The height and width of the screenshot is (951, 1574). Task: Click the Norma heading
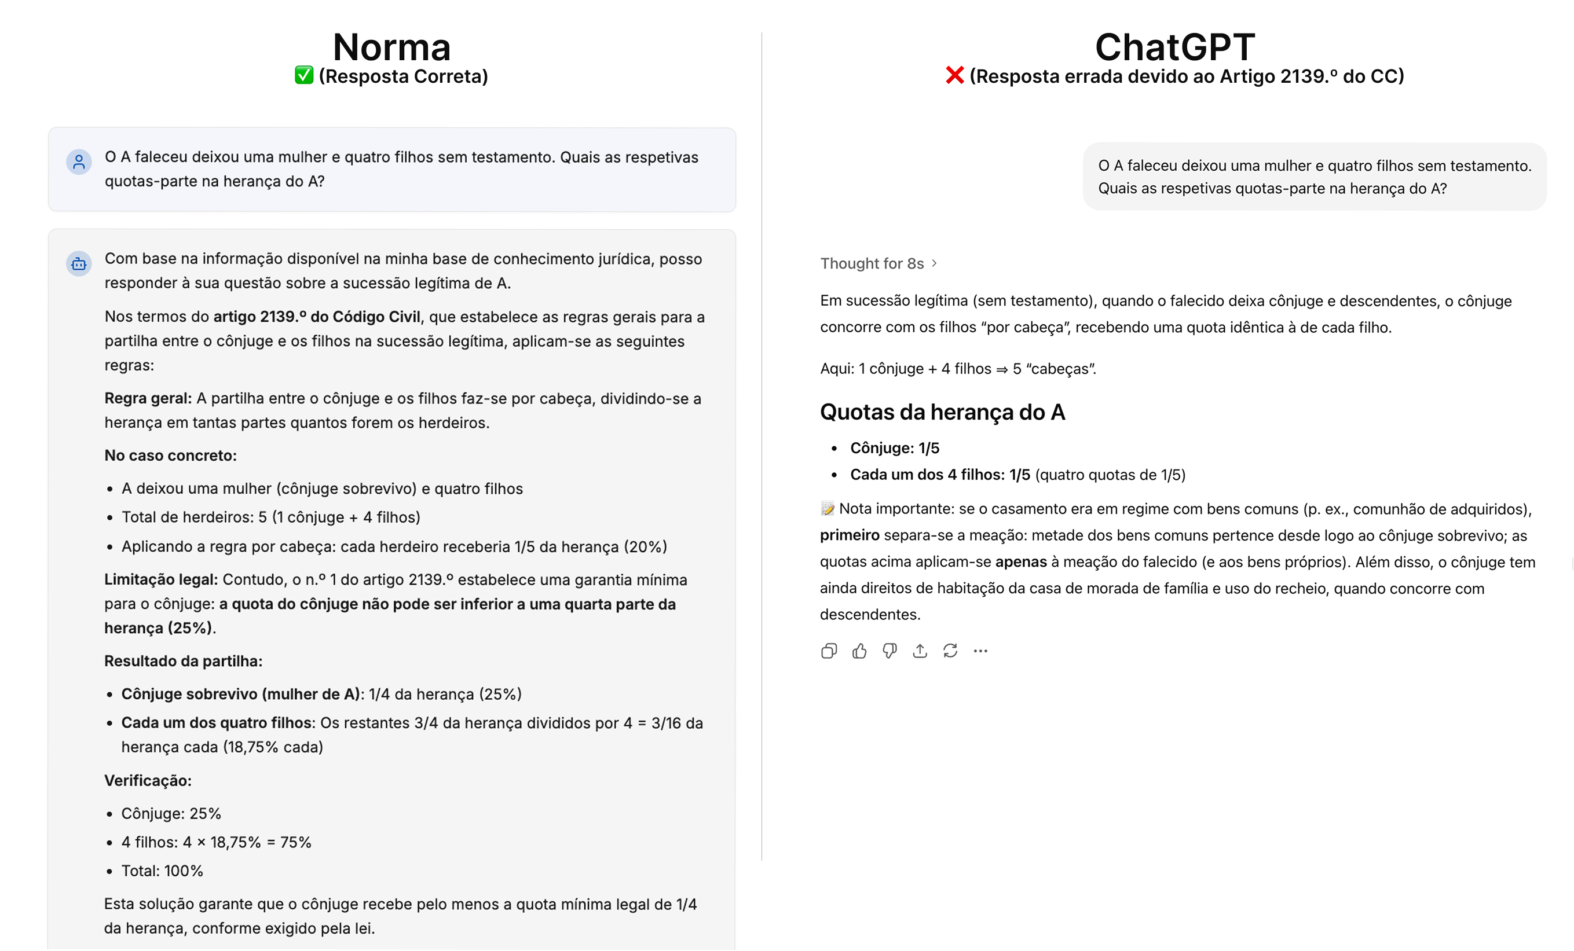click(x=391, y=47)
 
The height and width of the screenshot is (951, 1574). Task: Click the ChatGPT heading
click(x=1175, y=47)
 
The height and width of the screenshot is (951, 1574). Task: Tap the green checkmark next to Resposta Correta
click(x=304, y=75)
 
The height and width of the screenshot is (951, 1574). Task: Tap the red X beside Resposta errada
click(x=954, y=75)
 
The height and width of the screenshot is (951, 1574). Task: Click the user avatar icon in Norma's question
click(x=79, y=162)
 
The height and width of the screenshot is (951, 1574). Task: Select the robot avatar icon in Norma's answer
click(x=79, y=263)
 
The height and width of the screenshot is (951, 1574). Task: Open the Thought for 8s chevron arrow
click(x=935, y=263)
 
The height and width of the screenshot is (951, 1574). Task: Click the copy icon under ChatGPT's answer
click(x=829, y=651)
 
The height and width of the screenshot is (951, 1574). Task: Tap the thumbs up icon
click(x=859, y=651)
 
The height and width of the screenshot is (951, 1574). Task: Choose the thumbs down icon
click(x=889, y=651)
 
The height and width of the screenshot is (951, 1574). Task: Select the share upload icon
click(x=920, y=651)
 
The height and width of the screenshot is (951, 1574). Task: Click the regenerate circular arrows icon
click(x=950, y=651)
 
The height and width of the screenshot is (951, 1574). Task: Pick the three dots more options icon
click(x=980, y=651)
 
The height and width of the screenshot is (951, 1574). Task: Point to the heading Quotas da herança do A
click(x=942, y=412)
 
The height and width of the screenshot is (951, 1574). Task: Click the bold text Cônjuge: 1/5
click(x=894, y=449)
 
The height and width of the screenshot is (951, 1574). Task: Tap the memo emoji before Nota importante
click(x=827, y=509)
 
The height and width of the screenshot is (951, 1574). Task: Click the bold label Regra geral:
click(x=148, y=399)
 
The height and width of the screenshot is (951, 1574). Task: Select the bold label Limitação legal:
click(x=161, y=580)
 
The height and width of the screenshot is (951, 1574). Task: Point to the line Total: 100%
click(x=162, y=871)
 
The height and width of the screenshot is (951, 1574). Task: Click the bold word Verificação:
click(x=148, y=780)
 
